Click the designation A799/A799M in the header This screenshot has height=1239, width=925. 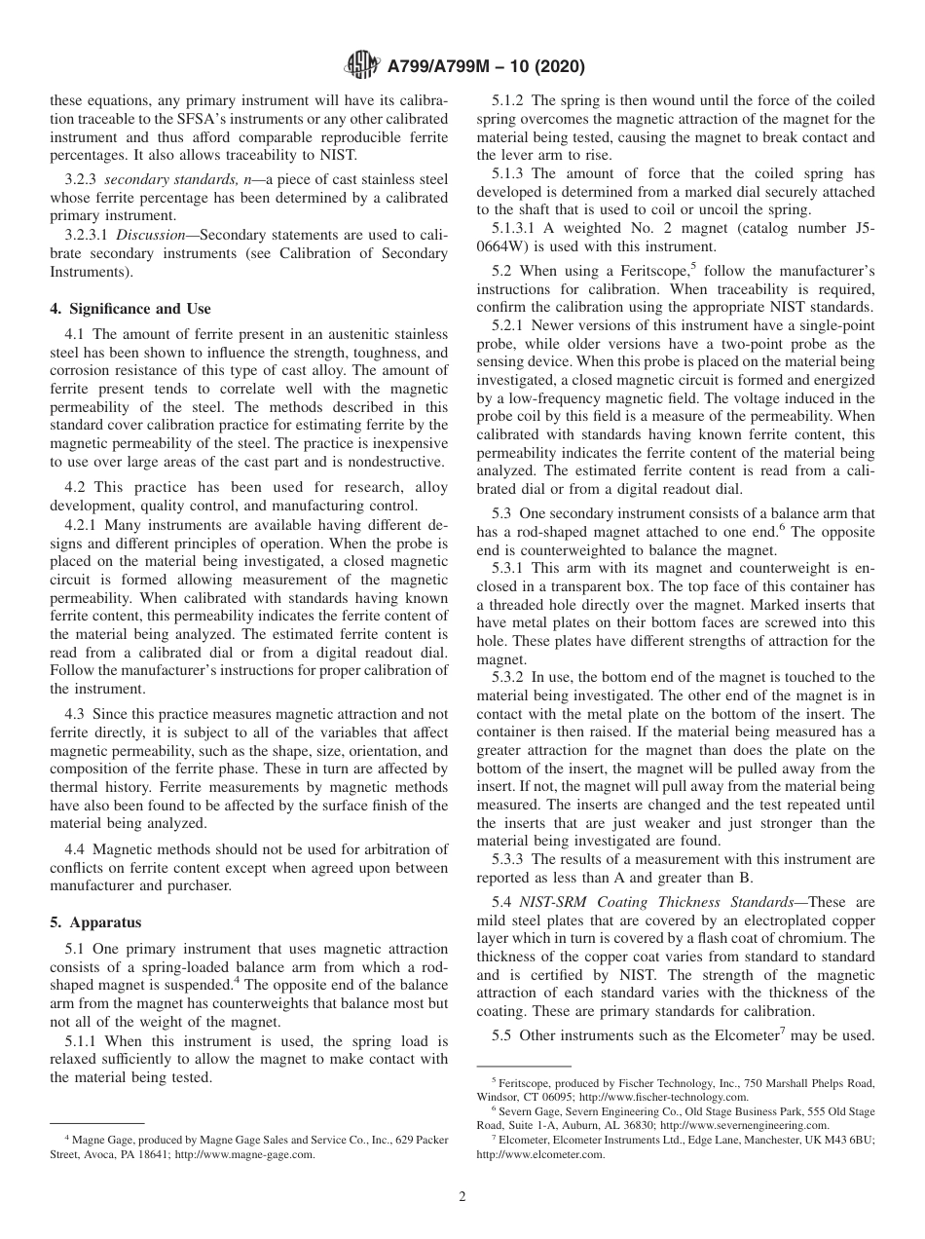[448, 67]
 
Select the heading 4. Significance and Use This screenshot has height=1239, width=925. [130, 309]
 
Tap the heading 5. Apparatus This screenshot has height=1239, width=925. [95, 921]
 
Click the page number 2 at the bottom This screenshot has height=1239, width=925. [462, 1197]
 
